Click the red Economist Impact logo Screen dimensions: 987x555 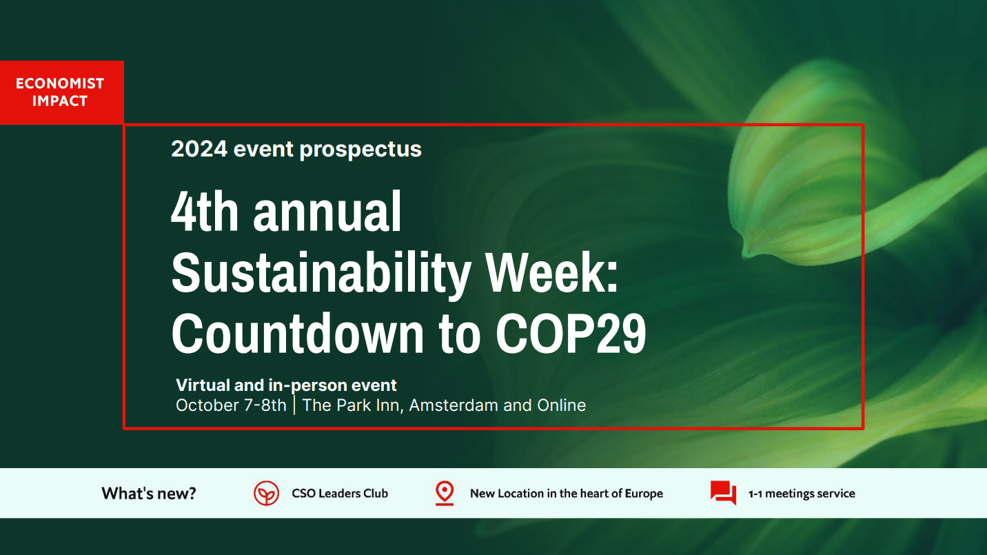tap(62, 92)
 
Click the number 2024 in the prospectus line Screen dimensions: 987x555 tap(199, 148)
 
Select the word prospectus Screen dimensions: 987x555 tap(360, 150)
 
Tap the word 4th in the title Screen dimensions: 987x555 tap(205, 211)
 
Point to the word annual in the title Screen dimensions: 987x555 tap(327, 212)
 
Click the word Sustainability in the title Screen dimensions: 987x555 tap(321, 273)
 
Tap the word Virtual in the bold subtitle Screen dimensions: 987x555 tap(203, 385)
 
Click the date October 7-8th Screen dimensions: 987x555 tap(231, 405)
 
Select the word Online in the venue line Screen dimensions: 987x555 tap(561, 405)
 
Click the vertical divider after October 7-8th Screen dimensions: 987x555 tap(294, 405)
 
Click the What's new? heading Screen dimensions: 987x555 tap(148, 493)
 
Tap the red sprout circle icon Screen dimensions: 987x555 tap(266, 493)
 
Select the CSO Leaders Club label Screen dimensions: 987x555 tap(340, 493)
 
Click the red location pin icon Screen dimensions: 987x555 tap(445, 493)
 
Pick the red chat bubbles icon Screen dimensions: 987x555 tap(724, 493)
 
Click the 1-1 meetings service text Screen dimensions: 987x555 tap(802, 494)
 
